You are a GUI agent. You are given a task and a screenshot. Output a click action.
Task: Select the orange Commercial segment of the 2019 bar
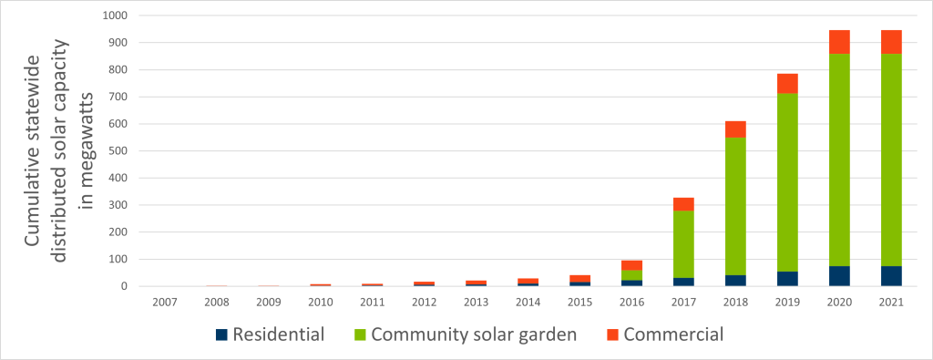(x=787, y=83)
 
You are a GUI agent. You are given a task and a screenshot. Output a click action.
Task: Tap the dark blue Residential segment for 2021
(x=891, y=276)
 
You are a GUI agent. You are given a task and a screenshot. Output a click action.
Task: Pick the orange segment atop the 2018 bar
(x=735, y=129)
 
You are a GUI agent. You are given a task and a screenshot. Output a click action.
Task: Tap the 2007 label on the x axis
(x=165, y=302)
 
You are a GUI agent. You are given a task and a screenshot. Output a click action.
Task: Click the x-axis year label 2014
(x=528, y=302)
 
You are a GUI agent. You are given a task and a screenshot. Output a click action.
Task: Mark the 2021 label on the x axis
(x=891, y=302)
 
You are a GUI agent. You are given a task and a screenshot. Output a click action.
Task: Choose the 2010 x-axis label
(x=321, y=302)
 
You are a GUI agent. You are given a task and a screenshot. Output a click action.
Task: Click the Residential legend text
(x=278, y=334)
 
